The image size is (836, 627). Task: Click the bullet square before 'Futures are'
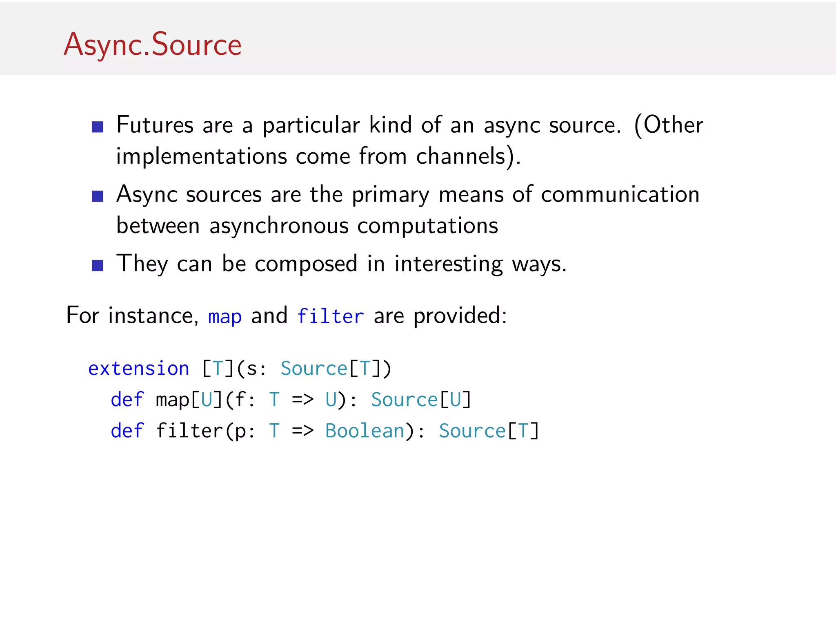click(x=97, y=127)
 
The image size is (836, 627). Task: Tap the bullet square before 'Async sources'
click(x=97, y=196)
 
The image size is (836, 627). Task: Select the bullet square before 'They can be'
click(x=97, y=266)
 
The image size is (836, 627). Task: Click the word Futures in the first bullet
click(x=155, y=125)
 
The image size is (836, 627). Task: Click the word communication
click(x=620, y=194)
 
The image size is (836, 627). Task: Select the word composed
click(x=306, y=264)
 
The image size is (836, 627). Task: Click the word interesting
click(x=449, y=264)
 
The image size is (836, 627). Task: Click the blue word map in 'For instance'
click(x=225, y=317)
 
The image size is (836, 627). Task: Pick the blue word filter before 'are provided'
click(x=330, y=316)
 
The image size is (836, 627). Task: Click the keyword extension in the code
click(x=139, y=369)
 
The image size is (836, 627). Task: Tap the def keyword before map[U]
click(x=127, y=400)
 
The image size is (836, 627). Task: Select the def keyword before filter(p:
click(x=127, y=431)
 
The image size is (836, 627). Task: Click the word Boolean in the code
click(x=365, y=431)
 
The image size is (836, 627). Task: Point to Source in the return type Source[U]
click(x=404, y=400)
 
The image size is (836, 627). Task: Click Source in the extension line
click(x=313, y=369)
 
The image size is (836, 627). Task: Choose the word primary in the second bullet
click(x=391, y=195)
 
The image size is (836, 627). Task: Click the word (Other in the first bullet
click(x=668, y=125)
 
